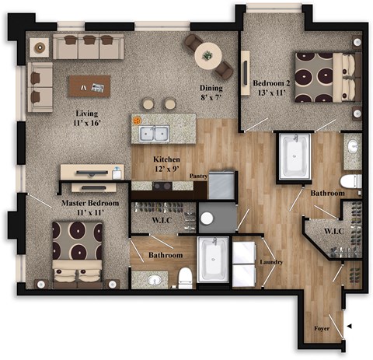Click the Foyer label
click(321, 328)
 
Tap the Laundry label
click(272, 262)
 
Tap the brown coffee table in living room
click(89, 85)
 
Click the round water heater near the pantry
click(207, 218)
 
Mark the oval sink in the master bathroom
click(155, 279)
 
